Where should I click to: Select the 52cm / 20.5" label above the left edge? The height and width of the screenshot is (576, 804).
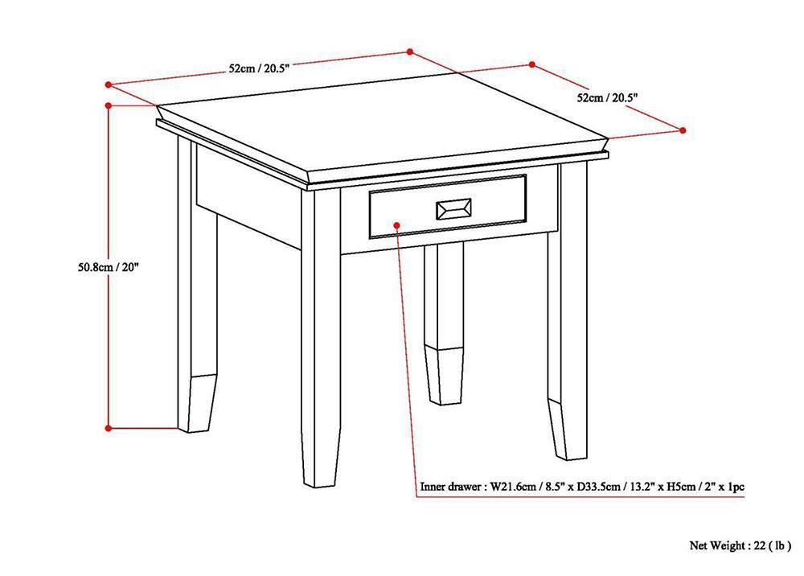pyautogui.click(x=259, y=69)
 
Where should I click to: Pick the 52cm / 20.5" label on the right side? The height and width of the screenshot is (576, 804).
pyautogui.click(x=608, y=97)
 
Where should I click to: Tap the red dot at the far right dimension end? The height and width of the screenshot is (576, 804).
pyautogui.click(x=683, y=130)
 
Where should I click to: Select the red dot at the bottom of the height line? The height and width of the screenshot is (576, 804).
pyautogui.click(x=109, y=428)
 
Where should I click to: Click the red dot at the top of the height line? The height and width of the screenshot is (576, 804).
pyautogui.click(x=109, y=104)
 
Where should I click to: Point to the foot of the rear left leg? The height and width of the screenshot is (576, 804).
pyautogui.click(x=196, y=402)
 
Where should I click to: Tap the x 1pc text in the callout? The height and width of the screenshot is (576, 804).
pyautogui.click(x=731, y=487)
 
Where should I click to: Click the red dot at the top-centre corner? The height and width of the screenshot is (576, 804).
pyautogui.click(x=409, y=51)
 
